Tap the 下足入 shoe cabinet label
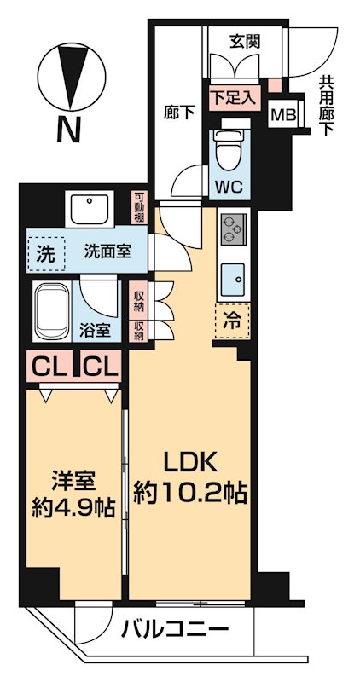click(x=230, y=95)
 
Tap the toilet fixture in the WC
click(x=229, y=152)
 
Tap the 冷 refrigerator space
click(x=232, y=321)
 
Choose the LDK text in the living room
click(x=190, y=464)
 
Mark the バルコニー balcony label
click(x=174, y=632)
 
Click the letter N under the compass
click(x=67, y=130)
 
